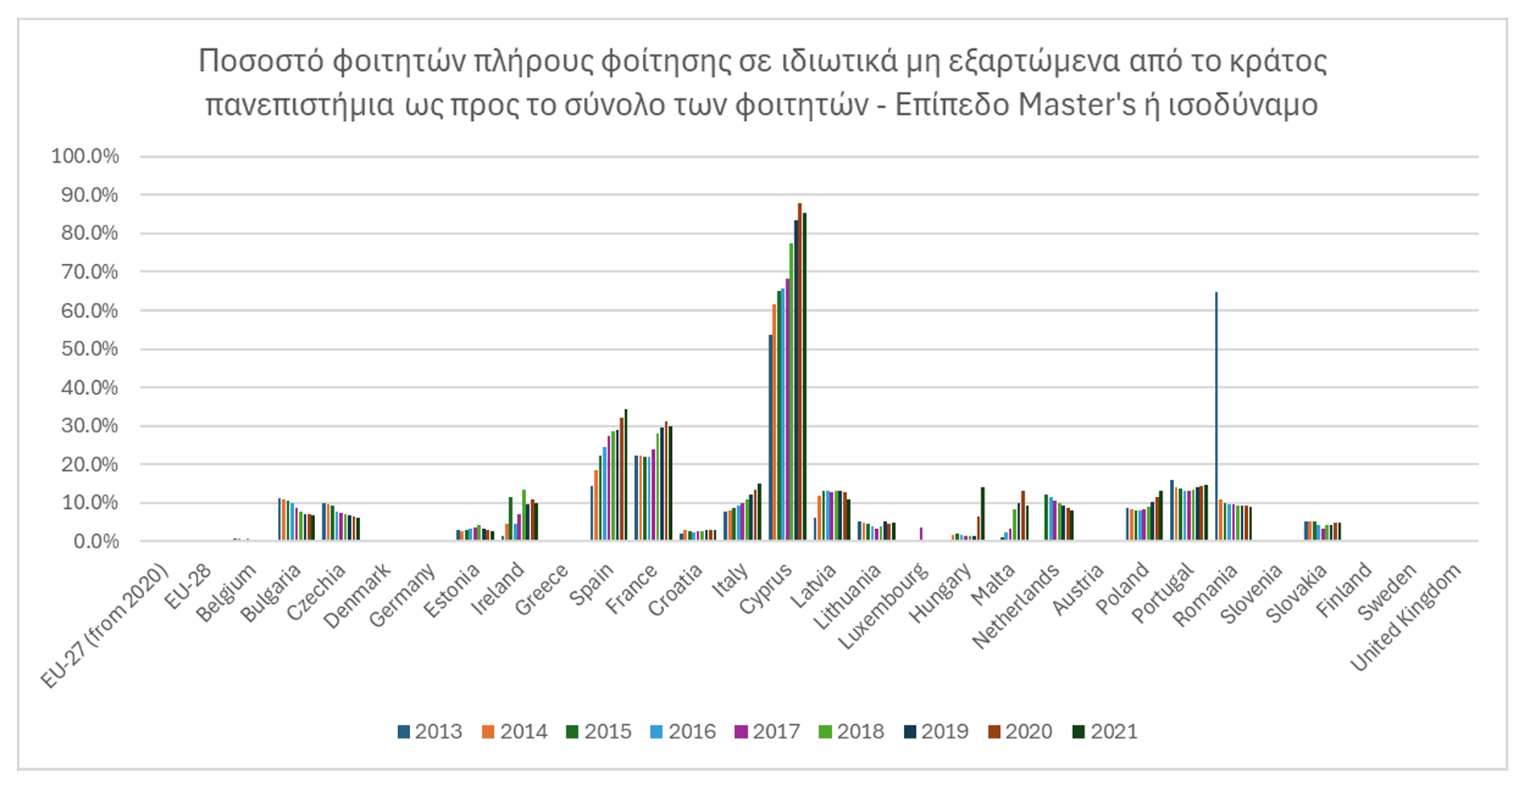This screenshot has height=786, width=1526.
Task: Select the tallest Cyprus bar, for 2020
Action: pyautogui.click(x=799, y=371)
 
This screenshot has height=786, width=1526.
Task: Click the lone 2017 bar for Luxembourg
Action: pyautogui.click(x=921, y=534)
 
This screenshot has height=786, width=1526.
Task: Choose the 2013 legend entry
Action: pyautogui.click(x=429, y=731)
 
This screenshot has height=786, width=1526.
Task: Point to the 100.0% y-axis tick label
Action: pyautogui.click(x=85, y=156)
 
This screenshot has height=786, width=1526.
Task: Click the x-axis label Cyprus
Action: pyautogui.click(x=766, y=590)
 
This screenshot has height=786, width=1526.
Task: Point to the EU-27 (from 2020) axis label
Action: pyautogui.click(x=104, y=628)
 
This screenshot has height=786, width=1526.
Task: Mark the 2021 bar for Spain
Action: pyautogui.click(x=625, y=474)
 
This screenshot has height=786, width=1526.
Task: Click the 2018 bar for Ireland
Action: pyautogui.click(x=524, y=515)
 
